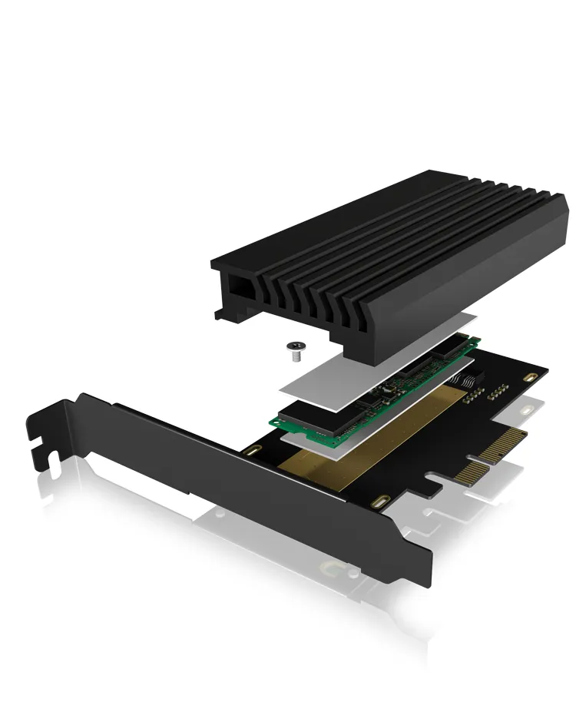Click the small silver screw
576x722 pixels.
point(295,351)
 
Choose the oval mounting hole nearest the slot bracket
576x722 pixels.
point(251,451)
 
